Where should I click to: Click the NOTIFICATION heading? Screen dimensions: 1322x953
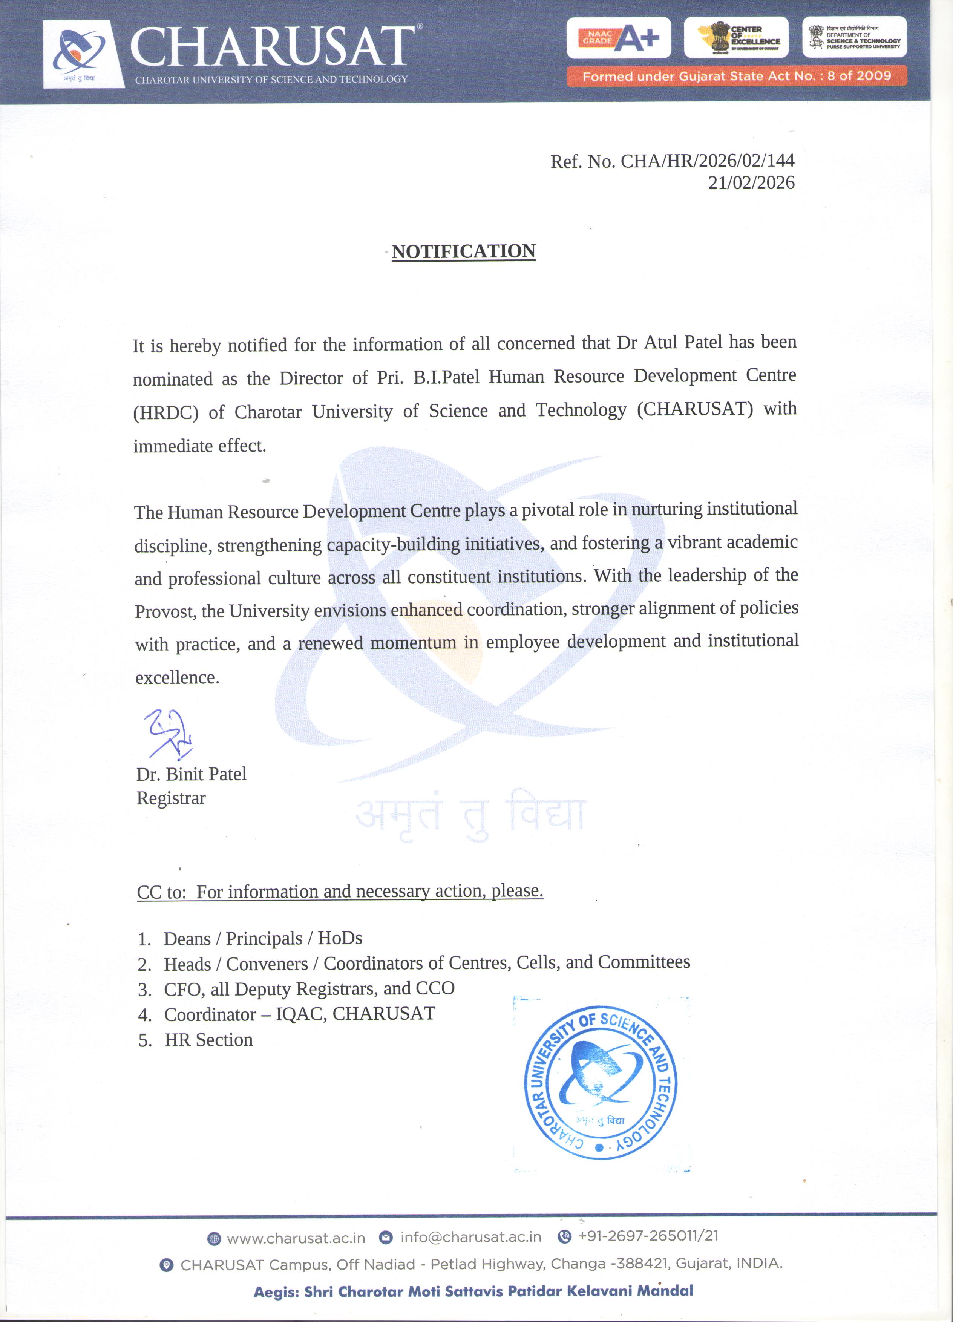tap(463, 252)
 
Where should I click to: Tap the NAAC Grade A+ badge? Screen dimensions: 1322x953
tap(618, 38)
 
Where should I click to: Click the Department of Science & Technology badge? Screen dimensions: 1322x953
tap(855, 38)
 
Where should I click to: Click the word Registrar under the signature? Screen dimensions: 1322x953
tap(171, 798)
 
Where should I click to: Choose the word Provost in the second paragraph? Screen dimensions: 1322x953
tap(165, 611)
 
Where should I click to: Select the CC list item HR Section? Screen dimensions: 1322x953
tap(208, 1040)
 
